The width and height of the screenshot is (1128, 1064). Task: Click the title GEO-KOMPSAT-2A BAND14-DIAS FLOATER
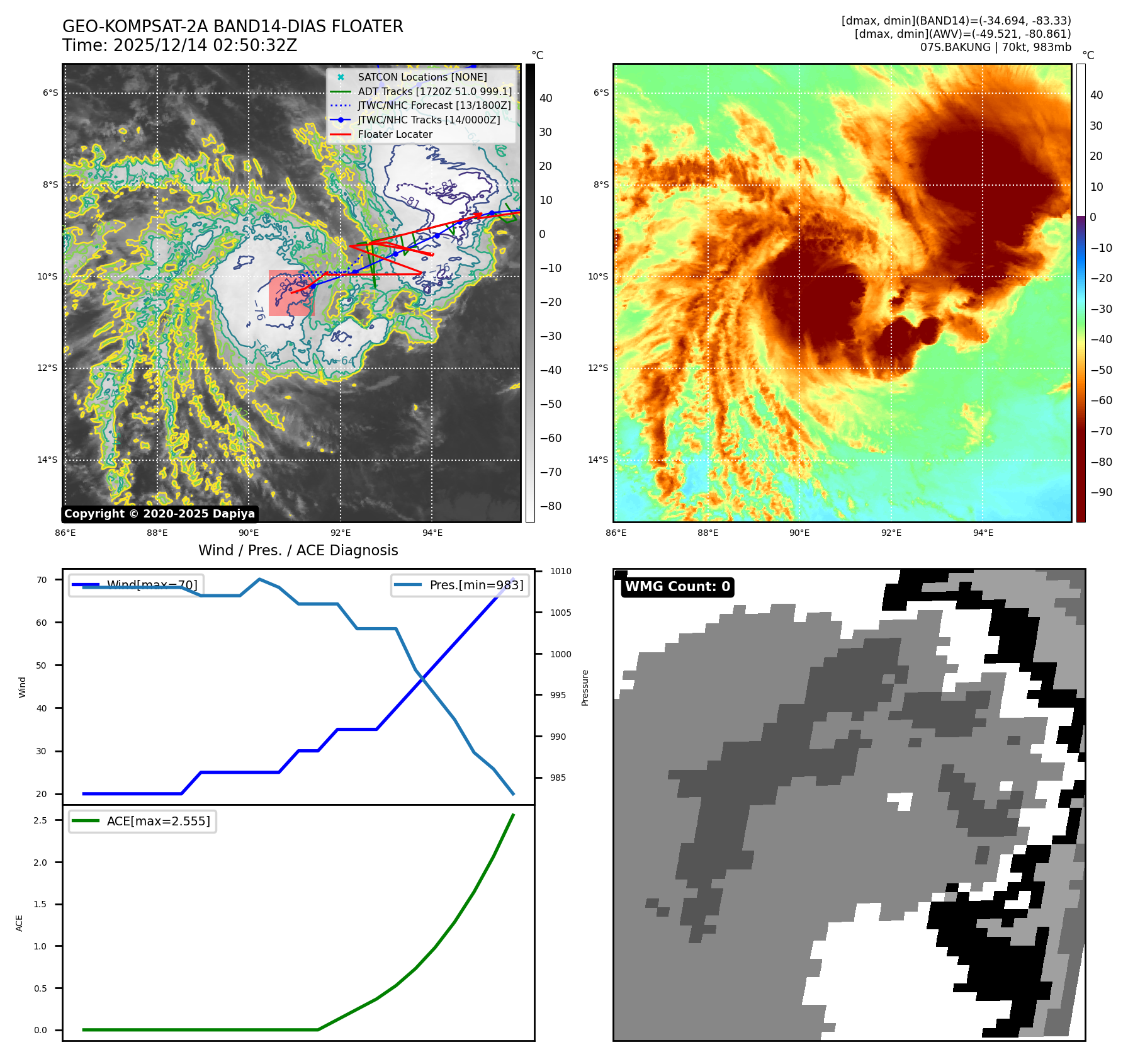point(232,26)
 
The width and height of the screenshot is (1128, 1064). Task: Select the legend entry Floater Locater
point(395,134)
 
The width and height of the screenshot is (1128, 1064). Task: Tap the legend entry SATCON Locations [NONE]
point(422,77)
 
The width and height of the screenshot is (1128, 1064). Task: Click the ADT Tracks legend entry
point(434,91)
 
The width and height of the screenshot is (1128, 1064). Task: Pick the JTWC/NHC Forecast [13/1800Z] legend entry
point(434,105)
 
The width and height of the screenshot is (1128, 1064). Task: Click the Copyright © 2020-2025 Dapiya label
point(159,514)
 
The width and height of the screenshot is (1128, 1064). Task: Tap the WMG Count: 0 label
point(677,587)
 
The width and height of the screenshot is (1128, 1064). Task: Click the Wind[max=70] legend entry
point(152,585)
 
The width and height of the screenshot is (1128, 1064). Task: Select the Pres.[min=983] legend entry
point(476,585)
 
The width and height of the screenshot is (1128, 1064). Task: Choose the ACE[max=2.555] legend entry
point(158,821)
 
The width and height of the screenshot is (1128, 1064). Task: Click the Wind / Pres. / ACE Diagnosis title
point(298,550)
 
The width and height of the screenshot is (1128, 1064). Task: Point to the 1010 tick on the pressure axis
point(560,572)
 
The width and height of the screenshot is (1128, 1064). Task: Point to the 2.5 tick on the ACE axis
point(40,820)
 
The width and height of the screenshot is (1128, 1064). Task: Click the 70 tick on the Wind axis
point(42,580)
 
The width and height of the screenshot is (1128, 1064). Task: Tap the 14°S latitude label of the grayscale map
point(47,460)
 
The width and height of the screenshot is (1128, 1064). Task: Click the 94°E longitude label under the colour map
point(983,533)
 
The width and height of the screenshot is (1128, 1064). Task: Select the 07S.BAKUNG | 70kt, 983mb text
point(995,47)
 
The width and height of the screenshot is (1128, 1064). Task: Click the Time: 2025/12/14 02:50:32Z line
point(179,45)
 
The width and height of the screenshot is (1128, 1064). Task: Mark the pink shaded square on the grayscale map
point(291,293)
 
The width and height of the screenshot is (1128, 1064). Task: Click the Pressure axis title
point(585,688)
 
